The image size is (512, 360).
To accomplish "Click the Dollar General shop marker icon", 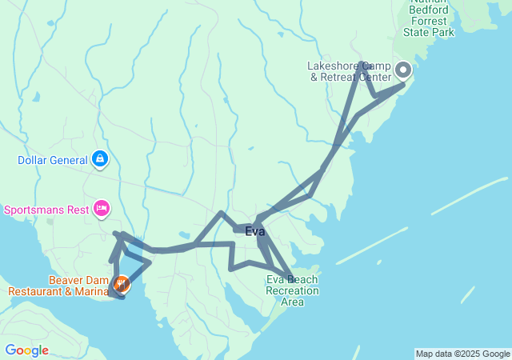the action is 100,159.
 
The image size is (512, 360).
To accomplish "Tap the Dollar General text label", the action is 52,160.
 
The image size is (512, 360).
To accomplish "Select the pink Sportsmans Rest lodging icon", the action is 102,210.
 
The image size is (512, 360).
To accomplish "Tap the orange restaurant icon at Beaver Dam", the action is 122,282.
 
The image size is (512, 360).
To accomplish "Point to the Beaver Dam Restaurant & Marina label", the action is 58,286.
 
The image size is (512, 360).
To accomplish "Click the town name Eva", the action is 254,232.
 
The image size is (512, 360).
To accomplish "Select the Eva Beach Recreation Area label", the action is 292,290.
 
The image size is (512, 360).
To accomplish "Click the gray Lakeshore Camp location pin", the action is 402,69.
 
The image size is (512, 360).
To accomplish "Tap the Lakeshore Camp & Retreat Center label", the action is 350,71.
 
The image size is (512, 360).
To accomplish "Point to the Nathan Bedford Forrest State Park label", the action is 432,20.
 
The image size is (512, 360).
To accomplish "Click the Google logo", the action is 26,350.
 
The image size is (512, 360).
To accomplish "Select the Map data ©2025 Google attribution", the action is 462,354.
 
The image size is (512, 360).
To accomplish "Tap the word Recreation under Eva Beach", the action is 292,290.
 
